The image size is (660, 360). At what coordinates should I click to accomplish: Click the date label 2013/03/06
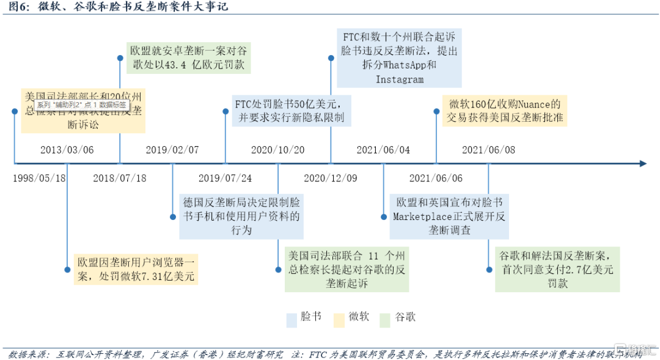point(67,150)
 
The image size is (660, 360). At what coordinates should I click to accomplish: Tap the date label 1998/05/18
point(40,178)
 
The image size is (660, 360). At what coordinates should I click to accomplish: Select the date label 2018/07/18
point(120,178)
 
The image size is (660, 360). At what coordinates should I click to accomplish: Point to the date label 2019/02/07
point(172,150)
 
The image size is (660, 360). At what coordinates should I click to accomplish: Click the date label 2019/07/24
point(225,178)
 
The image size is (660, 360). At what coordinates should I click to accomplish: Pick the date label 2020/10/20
point(277,150)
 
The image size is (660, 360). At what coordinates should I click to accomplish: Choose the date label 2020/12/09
point(331,178)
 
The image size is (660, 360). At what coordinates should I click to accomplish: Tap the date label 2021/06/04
point(383,150)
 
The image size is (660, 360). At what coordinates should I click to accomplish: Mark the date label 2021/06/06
point(436,178)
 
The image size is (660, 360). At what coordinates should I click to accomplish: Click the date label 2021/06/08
point(488,150)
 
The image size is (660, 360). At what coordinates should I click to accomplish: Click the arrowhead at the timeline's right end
point(642,164)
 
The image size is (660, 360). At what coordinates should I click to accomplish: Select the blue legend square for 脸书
point(291,318)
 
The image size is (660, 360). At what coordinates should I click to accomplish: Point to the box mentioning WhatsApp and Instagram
point(399,57)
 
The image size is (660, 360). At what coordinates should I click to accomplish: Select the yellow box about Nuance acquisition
point(505,111)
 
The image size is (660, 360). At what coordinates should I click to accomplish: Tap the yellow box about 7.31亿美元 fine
point(136,269)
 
